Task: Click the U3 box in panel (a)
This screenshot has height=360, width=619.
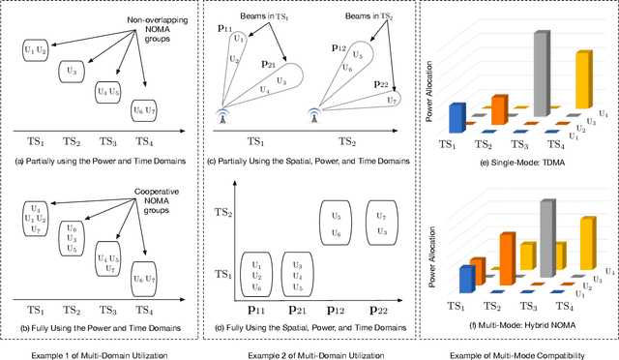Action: coord(67,72)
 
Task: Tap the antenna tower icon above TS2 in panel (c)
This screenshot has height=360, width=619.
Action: coord(314,112)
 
